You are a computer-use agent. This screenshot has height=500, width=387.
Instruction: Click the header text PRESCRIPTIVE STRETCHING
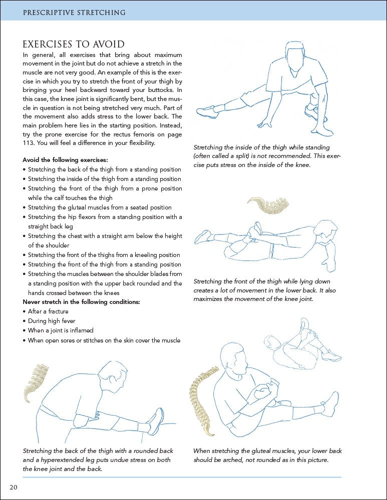tap(74, 12)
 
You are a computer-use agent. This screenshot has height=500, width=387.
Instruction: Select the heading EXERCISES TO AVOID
tap(74, 44)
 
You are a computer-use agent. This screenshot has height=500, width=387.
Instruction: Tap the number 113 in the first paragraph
tap(30, 143)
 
